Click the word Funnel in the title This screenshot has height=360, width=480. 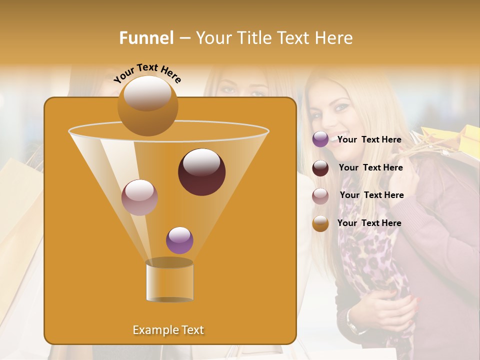pyautogui.click(x=146, y=38)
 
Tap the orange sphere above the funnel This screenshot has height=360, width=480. pyautogui.click(x=147, y=106)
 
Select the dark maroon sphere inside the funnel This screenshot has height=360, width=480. pyautogui.click(x=201, y=172)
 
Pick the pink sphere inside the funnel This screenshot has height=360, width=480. pyautogui.click(x=139, y=197)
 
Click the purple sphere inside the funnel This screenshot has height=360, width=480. pyautogui.click(x=179, y=240)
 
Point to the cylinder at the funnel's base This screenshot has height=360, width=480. pyautogui.click(x=169, y=281)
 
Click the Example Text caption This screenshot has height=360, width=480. pyautogui.click(x=168, y=330)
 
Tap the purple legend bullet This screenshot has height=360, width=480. pyautogui.click(x=320, y=139)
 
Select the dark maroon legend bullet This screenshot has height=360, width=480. pyautogui.click(x=320, y=168)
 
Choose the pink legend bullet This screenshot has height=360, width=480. pyautogui.click(x=320, y=196)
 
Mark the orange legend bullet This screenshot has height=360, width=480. pyautogui.click(x=320, y=223)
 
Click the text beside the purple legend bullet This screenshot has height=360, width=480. pyautogui.click(x=369, y=139)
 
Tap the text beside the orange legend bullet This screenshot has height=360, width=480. pyautogui.click(x=369, y=223)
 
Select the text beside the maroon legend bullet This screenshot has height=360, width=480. pyautogui.click(x=370, y=167)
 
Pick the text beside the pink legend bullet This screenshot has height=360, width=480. pyautogui.click(x=371, y=195)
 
